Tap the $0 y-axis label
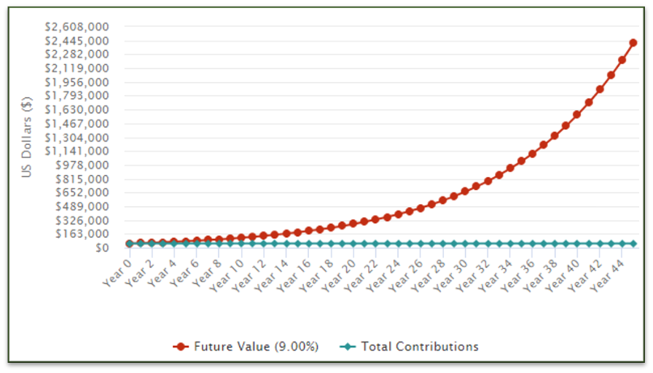(101, 248)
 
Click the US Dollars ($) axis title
(27, 138)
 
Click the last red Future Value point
(633, 43)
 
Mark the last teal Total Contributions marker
(633, 243)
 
